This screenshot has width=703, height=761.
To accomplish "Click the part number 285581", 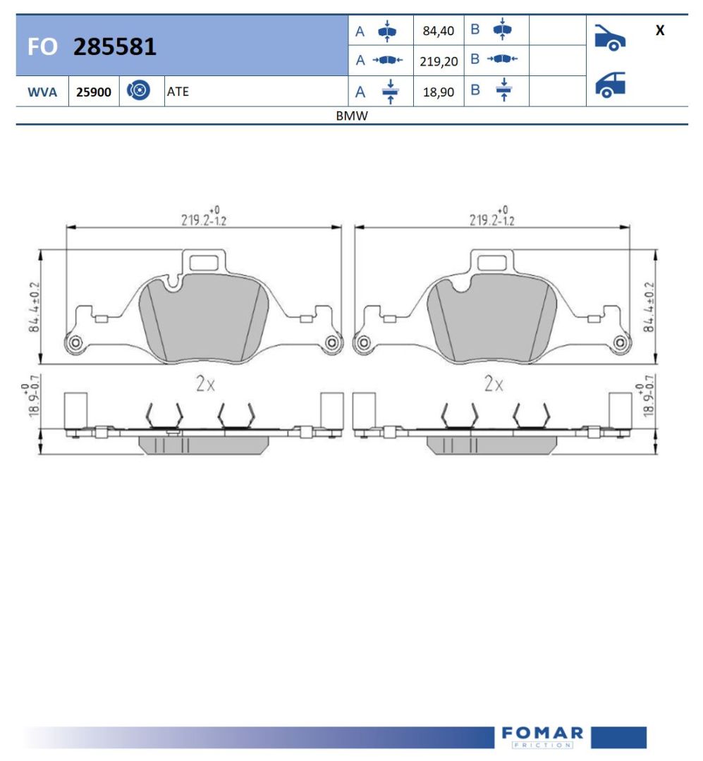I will (115, 47).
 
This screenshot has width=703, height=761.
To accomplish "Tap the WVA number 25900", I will (94, 92).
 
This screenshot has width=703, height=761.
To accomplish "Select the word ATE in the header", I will (178, 92).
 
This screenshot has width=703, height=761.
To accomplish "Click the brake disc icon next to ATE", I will (139, 91).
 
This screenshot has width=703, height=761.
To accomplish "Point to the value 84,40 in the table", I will (438, 31).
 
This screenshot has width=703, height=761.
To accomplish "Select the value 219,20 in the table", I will (438, 61).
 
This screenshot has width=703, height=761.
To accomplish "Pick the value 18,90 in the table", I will (438, 92).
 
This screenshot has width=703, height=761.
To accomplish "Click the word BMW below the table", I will (352, 116).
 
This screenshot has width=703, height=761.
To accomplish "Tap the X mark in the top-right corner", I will (659, 31).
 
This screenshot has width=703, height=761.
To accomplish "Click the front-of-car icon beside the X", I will (609, 38).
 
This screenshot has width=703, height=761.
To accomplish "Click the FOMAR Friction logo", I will (542, 736).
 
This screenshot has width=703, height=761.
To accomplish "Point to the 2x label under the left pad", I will (205, 384).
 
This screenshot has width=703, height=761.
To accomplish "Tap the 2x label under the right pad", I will (494, 384).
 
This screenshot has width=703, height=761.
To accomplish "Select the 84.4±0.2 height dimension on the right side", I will (649, 307).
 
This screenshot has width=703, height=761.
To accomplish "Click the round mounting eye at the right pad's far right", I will (621, 343).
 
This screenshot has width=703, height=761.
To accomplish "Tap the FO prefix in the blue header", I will (42, 47).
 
